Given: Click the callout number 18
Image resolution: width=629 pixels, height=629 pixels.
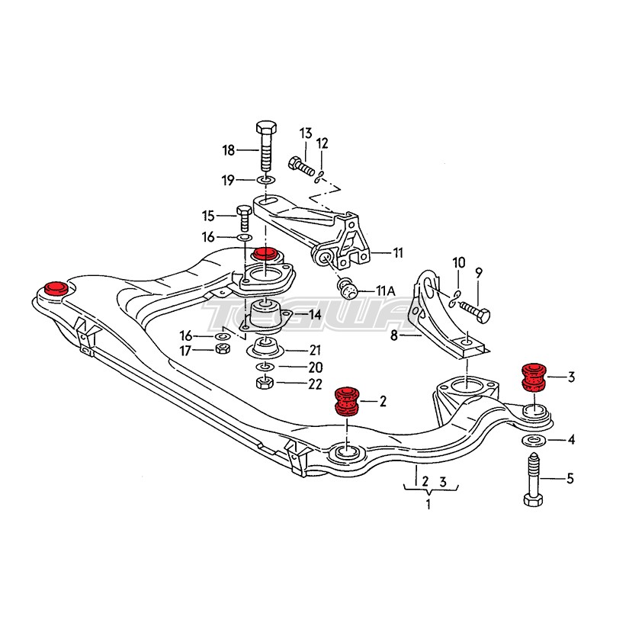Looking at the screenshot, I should [228, 150].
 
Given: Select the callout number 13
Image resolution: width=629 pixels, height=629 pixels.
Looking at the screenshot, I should [306, 134].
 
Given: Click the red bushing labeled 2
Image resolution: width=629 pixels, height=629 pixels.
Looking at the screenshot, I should [347, 401].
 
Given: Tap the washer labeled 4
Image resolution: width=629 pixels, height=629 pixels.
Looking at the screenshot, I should [533, 441].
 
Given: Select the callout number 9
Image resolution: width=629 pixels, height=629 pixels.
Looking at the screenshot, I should [479, 271].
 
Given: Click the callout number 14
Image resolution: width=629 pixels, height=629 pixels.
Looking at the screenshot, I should [315, 314].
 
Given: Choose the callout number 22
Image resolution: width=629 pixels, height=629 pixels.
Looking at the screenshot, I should [315, 383].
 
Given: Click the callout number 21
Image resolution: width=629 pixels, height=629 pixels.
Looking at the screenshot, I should [315, 350].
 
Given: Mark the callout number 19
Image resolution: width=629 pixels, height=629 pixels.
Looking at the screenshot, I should [228, 181].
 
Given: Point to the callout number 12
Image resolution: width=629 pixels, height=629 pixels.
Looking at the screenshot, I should [323, 143].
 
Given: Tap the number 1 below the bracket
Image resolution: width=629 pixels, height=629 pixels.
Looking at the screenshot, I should [428, 504].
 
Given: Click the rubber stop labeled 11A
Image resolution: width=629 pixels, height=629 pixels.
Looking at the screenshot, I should [347, 288].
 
